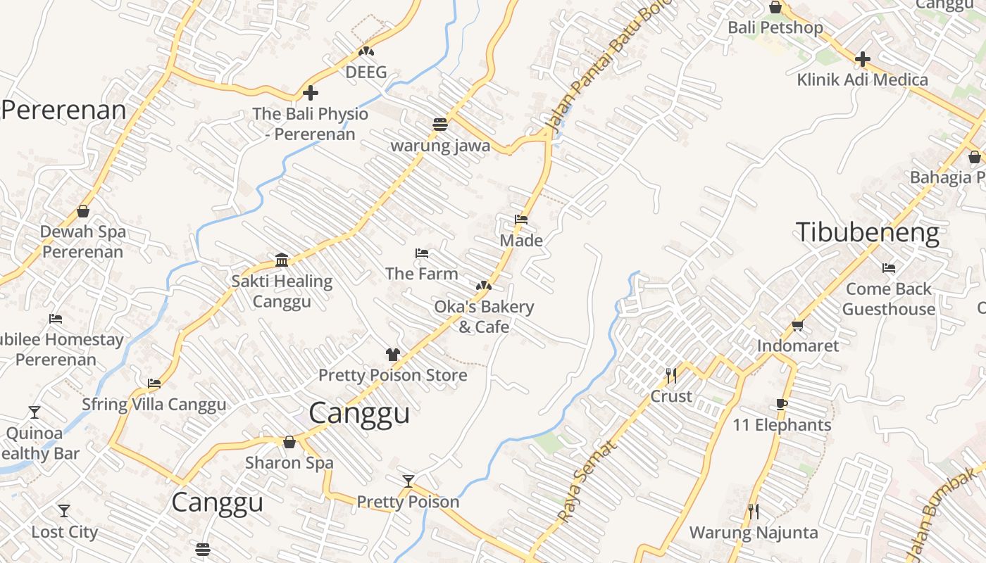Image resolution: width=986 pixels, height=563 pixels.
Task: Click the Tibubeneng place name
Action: tap(867, 233)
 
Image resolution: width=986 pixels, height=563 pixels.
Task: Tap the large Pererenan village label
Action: tap(63, 110)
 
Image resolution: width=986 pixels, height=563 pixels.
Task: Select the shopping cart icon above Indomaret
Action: tap(797, 325)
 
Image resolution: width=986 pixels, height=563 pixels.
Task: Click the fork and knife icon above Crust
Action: tap(670, 375)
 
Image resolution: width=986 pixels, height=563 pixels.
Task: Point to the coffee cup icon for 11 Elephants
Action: tap(781, 404)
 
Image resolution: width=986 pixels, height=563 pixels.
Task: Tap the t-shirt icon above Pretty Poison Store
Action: tap(392, 355)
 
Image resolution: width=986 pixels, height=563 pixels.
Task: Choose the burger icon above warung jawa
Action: tap(440, 125)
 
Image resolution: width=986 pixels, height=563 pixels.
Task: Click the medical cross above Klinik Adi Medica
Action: tap(862, 59)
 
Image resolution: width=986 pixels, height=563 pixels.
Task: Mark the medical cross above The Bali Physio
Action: tap(310, 93)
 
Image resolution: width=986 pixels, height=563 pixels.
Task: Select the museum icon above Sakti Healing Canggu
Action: tap(282, 260)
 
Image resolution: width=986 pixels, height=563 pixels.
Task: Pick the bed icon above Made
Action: tap(521, 220)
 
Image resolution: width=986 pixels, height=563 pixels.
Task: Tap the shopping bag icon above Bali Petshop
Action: tap(775, 7)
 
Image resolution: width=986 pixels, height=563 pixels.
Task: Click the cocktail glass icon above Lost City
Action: tap(64, 511)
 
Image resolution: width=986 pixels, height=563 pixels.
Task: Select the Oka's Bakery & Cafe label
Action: tap(484, 317)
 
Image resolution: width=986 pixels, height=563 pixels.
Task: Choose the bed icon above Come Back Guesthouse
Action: tap(889, 268)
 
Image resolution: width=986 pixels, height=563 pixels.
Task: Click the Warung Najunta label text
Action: tap(753, 533)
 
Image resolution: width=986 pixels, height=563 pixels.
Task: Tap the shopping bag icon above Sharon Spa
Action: tap(289, 442)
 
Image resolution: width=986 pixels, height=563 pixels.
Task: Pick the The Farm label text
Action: tap(421, 274)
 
